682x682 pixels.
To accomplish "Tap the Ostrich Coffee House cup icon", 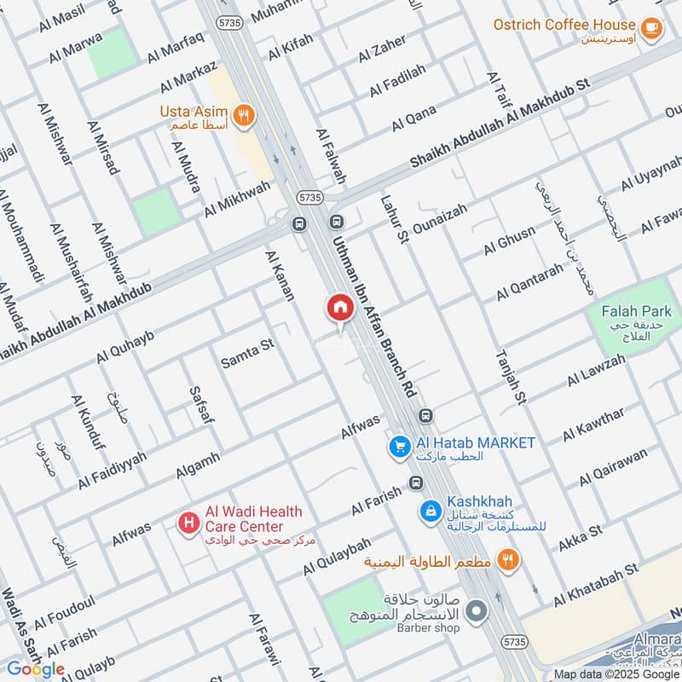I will pyautogui.click(x=652, y=29).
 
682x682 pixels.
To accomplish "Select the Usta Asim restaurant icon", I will pyautogui.click(x=244, y=116).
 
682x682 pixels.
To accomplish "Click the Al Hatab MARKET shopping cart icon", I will pyautogui.click(x=397, y=445).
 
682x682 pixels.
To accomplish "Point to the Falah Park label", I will pyautogui.click(x=636, y=312).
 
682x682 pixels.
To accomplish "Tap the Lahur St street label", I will pyautogui.click(x=393, y=219).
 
